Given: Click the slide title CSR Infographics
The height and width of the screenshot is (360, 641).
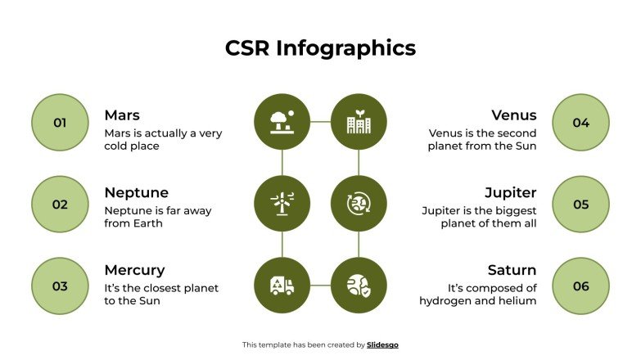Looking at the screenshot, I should point(320,47).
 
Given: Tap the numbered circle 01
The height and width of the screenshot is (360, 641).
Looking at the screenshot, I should point(60,123).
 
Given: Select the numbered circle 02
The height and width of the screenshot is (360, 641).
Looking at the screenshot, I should point(60,205).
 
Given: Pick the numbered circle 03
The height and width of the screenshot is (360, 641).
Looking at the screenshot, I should point(60,286).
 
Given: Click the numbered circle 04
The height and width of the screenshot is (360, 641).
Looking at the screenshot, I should point(580,123).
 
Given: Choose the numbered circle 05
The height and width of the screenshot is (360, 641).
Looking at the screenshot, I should point(580,205).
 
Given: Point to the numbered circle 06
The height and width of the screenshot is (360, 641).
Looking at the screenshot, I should point(580,286).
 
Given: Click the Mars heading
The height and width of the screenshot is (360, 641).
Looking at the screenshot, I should point(122,115).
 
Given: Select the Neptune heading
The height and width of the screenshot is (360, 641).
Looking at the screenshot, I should point(136,193).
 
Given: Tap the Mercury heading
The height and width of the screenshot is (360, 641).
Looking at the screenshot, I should point(134,270).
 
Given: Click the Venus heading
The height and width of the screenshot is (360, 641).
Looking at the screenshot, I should point(514,115).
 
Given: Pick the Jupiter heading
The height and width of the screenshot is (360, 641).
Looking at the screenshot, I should point(510,193).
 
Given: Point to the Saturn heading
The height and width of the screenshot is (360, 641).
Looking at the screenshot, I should point(512,270).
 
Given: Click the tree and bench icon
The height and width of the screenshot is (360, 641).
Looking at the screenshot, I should point(282,123).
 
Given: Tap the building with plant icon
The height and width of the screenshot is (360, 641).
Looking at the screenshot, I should point(358,123).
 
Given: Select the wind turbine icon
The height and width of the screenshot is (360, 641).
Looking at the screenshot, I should point(282,205).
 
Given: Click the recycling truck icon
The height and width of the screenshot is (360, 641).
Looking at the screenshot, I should point(282,286).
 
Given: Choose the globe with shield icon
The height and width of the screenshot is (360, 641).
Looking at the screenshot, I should point(358,286).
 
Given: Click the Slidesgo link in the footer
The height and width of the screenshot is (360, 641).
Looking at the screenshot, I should point(382,345).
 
